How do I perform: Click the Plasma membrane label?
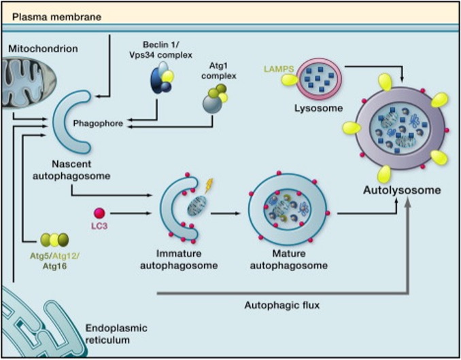tap(56, 17)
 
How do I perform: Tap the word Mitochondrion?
tap(44, 48)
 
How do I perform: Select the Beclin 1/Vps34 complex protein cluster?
tap(162, 77)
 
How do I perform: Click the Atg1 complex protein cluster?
tap(216, 98)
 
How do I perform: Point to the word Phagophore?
tap(98, 124)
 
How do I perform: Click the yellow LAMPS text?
tap(279, 69)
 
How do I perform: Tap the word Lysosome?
tap(319, 109)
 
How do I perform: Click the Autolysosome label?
tap(402, 190)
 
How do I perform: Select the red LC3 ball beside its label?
tap(99, 213)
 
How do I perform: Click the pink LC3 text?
tap(99, 227)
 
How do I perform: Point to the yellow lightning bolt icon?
tap(209, 185)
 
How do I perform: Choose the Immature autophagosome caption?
tap(179, 259)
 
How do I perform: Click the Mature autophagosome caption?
tap(289, 259)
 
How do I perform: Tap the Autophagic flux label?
tap(282, 306)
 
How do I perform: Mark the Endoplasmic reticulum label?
tap(116, 334)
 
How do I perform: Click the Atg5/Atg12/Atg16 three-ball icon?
tap(54, 240)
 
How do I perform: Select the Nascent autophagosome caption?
tap(71, 170)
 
